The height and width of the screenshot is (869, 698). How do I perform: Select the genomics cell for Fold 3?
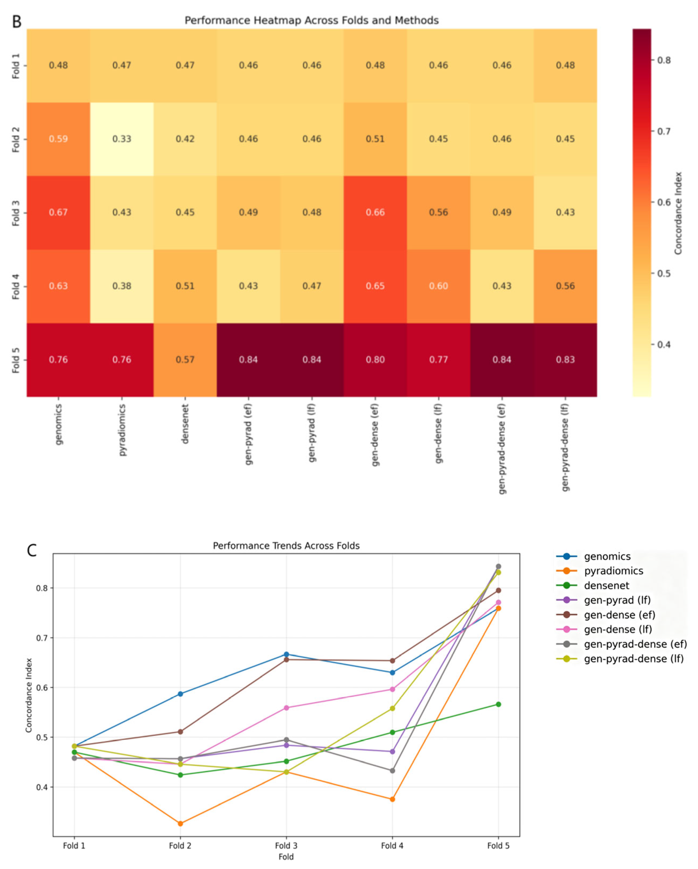point(58,212)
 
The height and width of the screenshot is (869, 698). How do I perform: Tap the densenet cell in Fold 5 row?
point(185,360)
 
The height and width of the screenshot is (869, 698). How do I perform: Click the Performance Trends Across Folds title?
point(286,546)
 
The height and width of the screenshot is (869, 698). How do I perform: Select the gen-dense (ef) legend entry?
point(619,615)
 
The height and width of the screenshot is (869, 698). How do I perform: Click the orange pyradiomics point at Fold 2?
point(180,823)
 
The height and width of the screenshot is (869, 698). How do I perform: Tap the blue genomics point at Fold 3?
point(286,655)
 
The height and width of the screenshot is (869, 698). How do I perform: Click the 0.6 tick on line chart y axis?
point(42,687)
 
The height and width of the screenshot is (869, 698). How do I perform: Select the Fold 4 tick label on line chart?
point(392,846)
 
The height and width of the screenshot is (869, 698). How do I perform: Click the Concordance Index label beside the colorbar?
point(678,213)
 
